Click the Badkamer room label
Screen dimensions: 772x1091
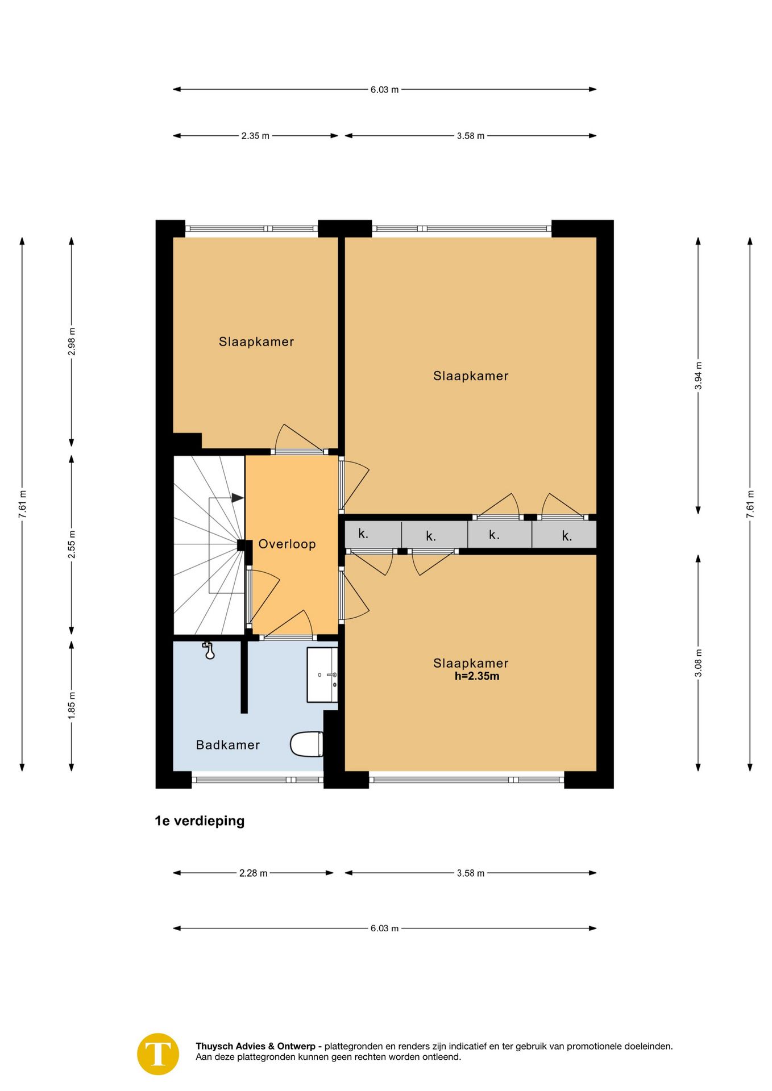(x=227, y=745)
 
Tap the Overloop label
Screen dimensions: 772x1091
(x=287, y=544)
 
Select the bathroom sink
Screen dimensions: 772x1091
(x=322, y=674)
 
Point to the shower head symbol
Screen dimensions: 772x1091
(x=209, y=650)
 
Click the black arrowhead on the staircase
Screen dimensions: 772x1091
(x=238, y=498)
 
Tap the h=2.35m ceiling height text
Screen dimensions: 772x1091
(x=477, y=676)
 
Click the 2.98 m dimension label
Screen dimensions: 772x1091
(x=72, y=342)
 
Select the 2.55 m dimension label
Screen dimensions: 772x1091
(x=72, y=544)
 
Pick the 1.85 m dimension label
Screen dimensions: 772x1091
(x=72, y=706)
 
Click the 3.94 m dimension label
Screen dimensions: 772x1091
(x=699, y=376)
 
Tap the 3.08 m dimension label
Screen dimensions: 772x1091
(x=699, y=663)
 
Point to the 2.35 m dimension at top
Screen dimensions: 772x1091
(x=255, y=136)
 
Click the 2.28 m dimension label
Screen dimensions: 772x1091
(x=253, y=873)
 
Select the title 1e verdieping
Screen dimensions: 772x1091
(x=200, y=821)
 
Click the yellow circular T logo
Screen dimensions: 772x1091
(x=158, y=1054)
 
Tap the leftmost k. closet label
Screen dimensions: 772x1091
(x=363, y=534)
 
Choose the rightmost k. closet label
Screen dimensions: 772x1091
(x=567, y=536)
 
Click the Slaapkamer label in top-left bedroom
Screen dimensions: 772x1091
(x=256, y=342)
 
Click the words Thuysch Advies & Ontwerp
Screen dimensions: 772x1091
(x=255, y=1046)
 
